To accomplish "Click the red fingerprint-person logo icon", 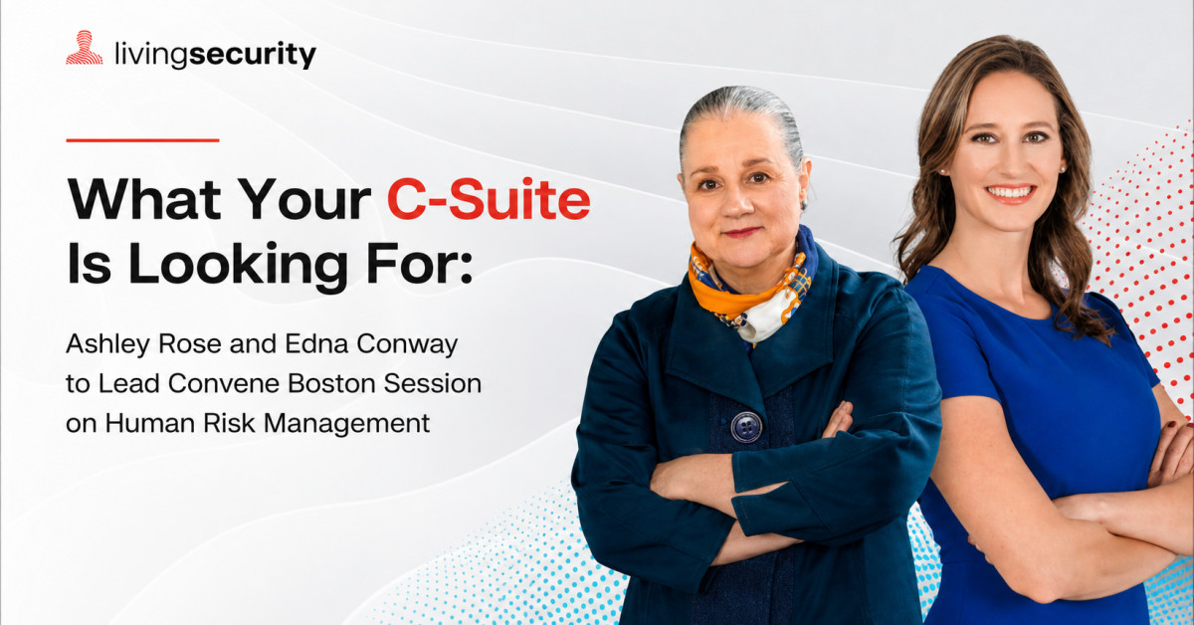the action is (85, 48).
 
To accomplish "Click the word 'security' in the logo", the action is (253, 55).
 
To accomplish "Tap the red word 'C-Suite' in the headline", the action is (489, 200).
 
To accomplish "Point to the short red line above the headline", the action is (142, 140).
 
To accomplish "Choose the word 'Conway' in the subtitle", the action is (407, 345).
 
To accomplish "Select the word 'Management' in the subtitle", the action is (346, 424).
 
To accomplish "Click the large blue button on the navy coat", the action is (745, 427).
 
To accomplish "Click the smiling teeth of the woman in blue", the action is (1010, 191).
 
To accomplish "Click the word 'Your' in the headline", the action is (303, 200).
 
